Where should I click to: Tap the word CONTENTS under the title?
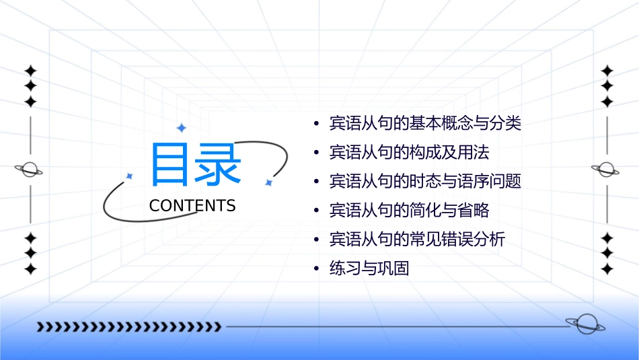192,206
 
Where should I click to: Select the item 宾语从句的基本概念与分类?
425,124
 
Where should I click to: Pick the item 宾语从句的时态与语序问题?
425,182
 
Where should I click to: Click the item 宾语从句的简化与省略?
409,211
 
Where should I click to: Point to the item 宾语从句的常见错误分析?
417,240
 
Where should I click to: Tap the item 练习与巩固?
369,269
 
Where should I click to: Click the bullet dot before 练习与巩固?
316,269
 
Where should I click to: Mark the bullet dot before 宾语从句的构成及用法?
316,153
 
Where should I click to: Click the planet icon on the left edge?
30,170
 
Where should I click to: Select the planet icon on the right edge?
607,170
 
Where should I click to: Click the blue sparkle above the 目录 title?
181,128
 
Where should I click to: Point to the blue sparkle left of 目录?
130,176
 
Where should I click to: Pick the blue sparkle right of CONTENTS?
268,182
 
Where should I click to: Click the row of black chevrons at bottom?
128,327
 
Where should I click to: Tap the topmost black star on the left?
30,71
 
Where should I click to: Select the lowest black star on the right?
607,269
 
